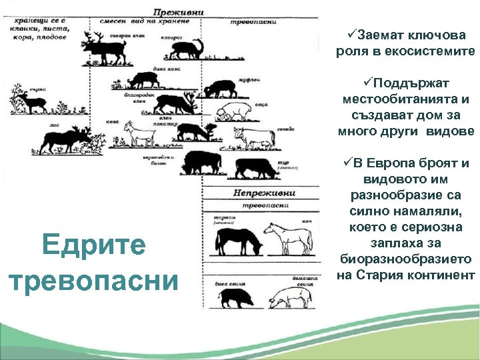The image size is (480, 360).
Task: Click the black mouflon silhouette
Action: (221, 87)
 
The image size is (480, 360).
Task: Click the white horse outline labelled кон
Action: (284, 237)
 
